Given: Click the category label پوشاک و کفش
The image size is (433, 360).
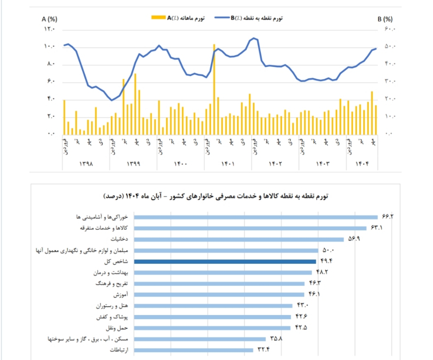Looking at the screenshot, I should [x=114, y=317].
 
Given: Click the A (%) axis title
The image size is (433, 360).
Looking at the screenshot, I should [x=49, y=19].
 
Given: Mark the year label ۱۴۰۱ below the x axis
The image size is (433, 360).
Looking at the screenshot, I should [x=228, y=164].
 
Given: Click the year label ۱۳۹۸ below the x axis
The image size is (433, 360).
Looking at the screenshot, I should [x=86, y=164].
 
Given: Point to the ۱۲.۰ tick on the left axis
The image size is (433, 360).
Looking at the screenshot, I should [x=49, y=29].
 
